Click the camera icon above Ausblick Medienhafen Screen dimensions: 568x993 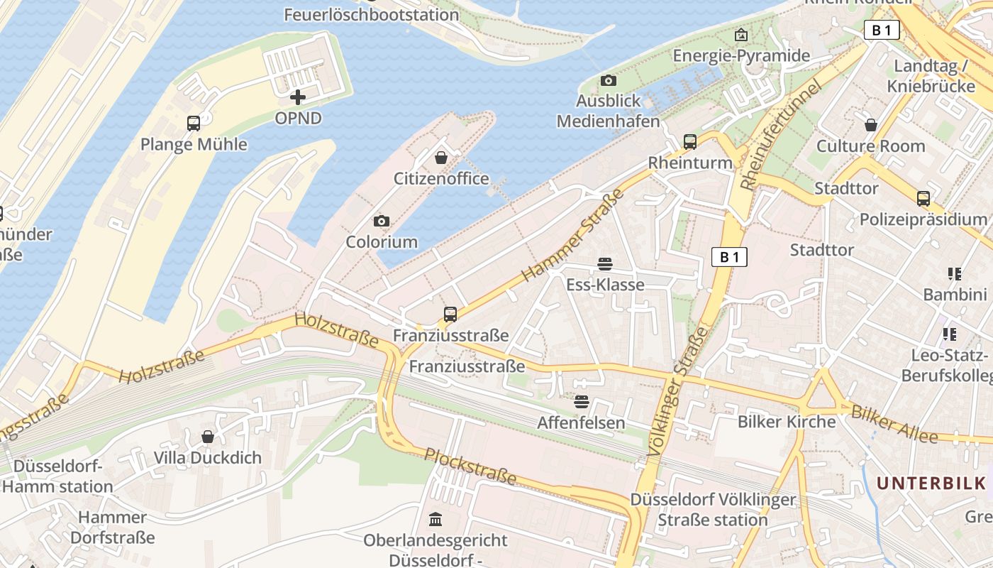click(x=608, y=81)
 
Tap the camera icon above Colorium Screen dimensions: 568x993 click(x=382, y=222)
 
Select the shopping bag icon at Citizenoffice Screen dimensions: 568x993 click(x=441, y=158)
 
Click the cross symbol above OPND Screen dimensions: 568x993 click(x=298, y=97)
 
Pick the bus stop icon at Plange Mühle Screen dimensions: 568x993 click(x=194, y=124)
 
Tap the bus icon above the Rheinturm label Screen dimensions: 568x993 click(x=690, y=141)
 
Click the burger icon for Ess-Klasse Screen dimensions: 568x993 click(x=605, y=265)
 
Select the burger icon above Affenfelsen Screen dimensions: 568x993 click(x=582, y=402)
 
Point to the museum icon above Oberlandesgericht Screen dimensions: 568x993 click(x=436, y=520)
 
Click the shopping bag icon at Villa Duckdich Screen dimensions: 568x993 click(x=208, y=437)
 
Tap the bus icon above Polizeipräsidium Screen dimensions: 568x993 click(x=923, y=199)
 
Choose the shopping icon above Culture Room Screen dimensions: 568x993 click(x=871, y=126)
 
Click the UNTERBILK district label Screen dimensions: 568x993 click(x=931, y=484)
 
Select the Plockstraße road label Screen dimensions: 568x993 click(x=470, y=466)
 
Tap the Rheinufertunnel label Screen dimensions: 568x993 click(x=780, y=135)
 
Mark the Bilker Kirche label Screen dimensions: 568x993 click(x=787, y=422)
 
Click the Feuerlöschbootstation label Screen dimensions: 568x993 click(x=372, y=14)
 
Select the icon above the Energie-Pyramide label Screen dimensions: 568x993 click(x=741, y=34)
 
